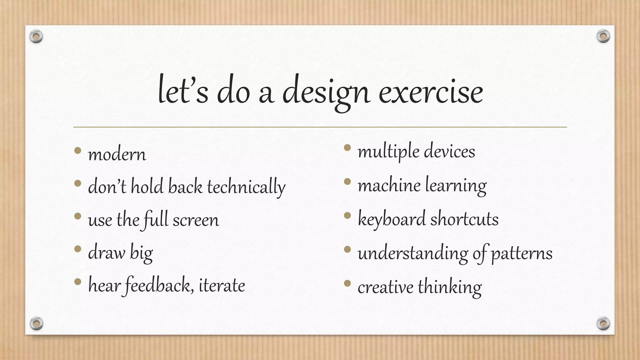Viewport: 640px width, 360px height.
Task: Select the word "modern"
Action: click(117, 155)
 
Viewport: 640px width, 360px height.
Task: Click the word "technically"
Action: click(246, 187)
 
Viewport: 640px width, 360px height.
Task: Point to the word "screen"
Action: click(196, 220)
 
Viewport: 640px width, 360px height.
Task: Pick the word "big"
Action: click(141, 253)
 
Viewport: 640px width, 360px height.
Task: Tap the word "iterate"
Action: click(222, 285)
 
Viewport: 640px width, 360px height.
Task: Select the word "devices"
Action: click(449, 152)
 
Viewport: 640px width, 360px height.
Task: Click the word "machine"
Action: click(389, 185)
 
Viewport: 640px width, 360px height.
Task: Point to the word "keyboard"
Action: click(392, 219)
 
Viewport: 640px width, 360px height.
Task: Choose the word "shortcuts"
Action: click(464, 219)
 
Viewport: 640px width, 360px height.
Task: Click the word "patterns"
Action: click(522, 253)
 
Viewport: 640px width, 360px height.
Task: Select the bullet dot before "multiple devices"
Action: click(347, 148)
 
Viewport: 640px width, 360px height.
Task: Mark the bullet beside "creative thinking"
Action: click(347, 283)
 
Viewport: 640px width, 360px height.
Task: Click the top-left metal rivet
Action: click(36, 37)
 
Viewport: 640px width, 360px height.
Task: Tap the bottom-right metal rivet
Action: click(603, 323)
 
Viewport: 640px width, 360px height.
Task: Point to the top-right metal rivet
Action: click(603, 37)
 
